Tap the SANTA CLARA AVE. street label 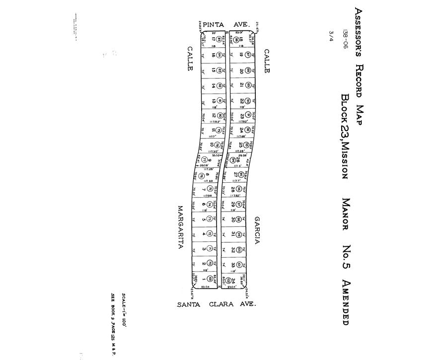pos(217,304)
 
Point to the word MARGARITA pos(181,228)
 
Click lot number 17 pos(213,39)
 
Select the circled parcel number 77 pos(204,159)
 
